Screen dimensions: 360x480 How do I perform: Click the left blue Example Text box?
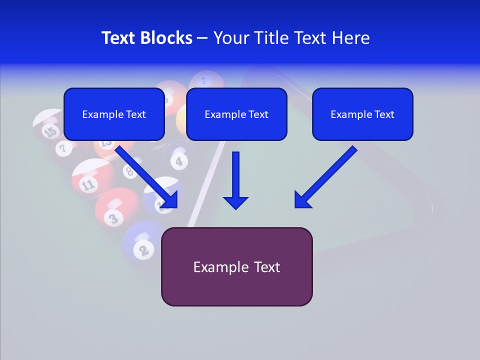click(114, 114)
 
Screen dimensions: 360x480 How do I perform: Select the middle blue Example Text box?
click(236, 114)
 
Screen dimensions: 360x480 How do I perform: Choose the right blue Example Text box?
click(362, 114)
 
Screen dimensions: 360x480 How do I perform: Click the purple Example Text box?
click(236, 266)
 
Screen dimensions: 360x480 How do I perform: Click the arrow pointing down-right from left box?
click(147, 177)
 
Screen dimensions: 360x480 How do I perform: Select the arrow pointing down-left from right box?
click(325, 177)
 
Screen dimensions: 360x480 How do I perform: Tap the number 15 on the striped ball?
click(49, 132)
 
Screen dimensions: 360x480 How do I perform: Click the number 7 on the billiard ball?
click(63, 147)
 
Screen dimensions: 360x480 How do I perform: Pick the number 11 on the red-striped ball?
click(88, 185)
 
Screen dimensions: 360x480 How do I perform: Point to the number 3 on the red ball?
click(113, 218)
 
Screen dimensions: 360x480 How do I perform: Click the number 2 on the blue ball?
click(143, 249)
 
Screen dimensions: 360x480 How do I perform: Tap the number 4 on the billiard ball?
click(178, 161)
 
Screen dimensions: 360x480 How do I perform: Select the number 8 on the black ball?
click(129, 172)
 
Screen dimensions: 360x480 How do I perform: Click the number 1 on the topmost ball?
click(203, 79)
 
